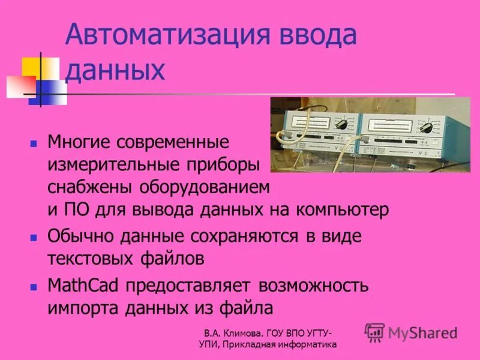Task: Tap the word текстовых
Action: [x=90, y=259]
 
